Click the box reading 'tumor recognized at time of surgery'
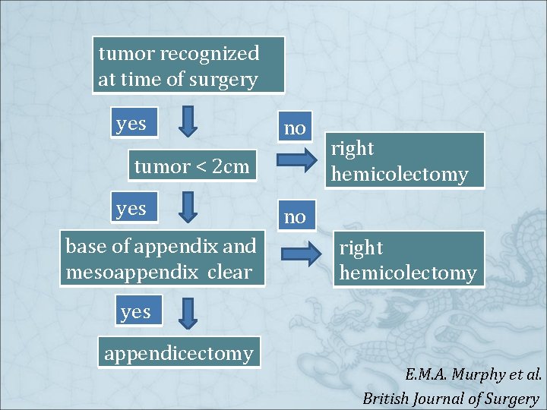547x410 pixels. tap(188, 66)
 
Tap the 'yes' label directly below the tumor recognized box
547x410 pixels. tap(131, 123)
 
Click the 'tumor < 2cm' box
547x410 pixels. tap(191, 166)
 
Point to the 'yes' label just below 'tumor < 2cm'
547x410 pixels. tap(131, 207)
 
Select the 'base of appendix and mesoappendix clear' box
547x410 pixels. tap(161, 259)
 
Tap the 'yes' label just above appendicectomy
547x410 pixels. tap(135, 311)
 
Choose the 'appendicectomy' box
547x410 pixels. tap(179, 353)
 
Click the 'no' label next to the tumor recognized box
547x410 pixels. tap(295, 128)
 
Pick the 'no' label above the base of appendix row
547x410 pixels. tap(295, 217)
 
